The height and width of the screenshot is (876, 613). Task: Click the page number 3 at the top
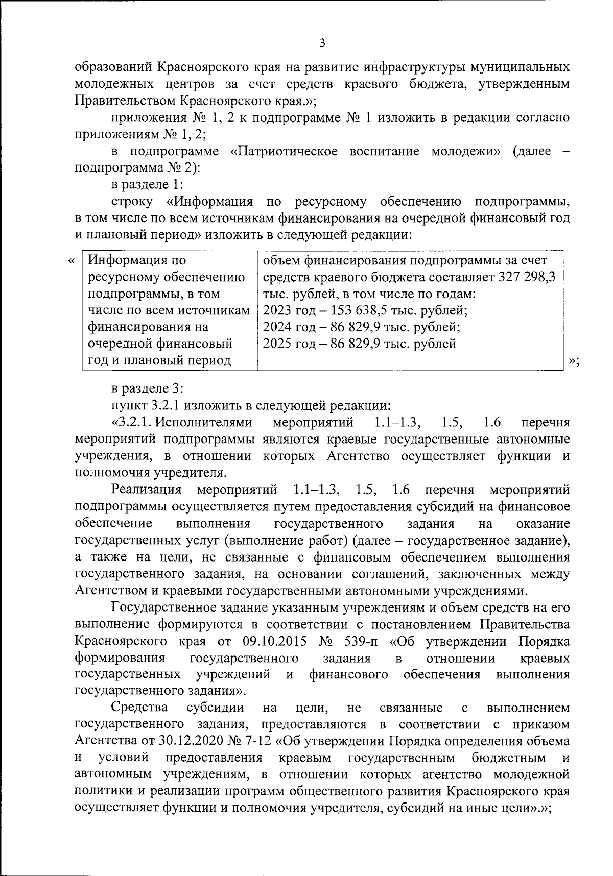[x=322, y=43]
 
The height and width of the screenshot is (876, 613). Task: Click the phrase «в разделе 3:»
[x=145, y=389]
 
